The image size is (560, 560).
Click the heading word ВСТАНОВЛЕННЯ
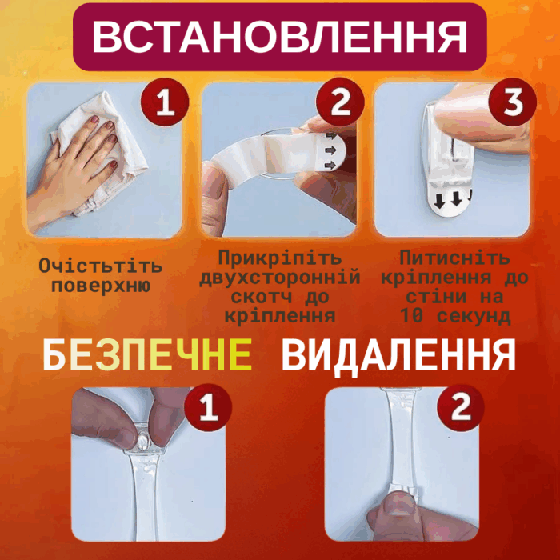[280, 37]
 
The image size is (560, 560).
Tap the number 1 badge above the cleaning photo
[165, 102]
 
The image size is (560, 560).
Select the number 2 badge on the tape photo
[340, 102]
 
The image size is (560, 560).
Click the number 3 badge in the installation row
[513, 102]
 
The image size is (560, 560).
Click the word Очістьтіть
[100, 266]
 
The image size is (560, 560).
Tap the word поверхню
[101, 286]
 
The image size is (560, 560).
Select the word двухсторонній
[280, 278]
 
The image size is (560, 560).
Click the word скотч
[261, 297]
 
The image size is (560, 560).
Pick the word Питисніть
[454, 258]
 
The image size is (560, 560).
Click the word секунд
[473, 316]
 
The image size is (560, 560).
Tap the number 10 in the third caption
[411, 316]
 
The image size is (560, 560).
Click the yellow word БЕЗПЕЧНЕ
[147, 355]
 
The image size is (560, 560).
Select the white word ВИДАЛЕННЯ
[398, 355]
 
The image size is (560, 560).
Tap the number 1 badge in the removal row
[209, 407]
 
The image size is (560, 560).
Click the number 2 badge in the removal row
[461, 407]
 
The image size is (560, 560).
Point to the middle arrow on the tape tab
[330, 150]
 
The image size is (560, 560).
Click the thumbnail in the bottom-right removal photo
[400, 502]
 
